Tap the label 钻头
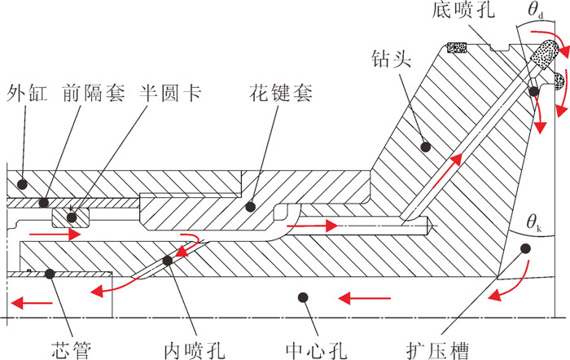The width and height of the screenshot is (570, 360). tap(389, 59)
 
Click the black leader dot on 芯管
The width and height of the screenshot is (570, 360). tap(50, 274)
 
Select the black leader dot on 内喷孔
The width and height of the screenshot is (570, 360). tap(168, 261)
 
